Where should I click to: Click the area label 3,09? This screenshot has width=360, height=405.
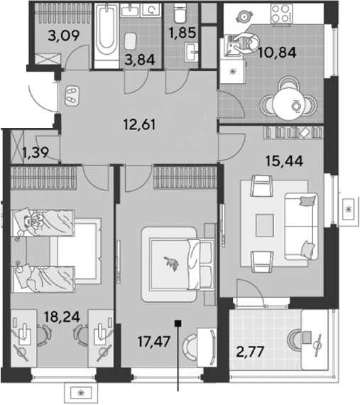[x=63, y=36]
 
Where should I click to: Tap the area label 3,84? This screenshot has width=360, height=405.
[x=140, y=60]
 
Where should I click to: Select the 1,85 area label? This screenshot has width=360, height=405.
[x=182, y=33]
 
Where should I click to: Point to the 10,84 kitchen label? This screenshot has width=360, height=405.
[x=277, y=53]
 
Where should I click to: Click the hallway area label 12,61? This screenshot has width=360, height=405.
[x=140, y=124]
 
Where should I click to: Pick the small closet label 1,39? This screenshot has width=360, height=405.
[x=36, y=152]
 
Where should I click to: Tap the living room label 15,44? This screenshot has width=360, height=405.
[x=284, y=161]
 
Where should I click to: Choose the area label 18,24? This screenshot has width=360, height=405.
[x=62, y=316]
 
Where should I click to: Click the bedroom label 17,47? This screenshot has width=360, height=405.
[x=154, y=342]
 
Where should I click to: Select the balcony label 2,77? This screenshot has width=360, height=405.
[x=250, y=352]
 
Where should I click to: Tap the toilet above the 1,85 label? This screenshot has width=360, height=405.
[x=180, y=13]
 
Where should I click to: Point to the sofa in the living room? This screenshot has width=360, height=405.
[x=301, y=226]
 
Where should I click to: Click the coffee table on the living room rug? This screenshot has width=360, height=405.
[x=265, y=225]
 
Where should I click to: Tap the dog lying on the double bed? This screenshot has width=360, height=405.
[x=172, y=264]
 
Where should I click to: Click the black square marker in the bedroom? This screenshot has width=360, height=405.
[x=178, y=323]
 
